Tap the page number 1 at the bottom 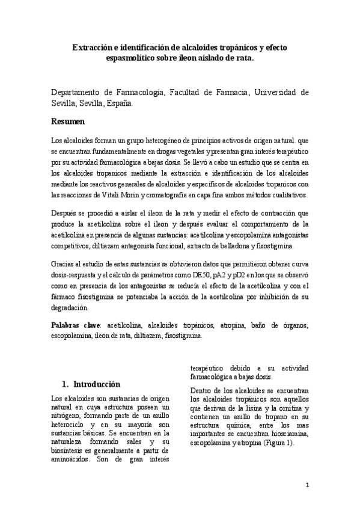pos(307,485)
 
